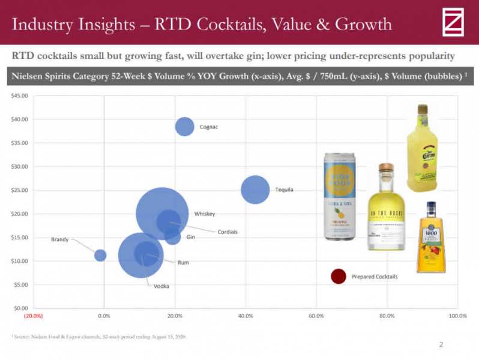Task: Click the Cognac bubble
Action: (x=185, y=127)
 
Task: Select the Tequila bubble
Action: (x=256, y=190)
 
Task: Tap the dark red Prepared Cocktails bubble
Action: (x=339, y=276)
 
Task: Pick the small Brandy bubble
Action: (x=100, y=255)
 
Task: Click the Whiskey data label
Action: (x=204, y=214)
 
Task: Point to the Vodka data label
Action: (x=161, y=286)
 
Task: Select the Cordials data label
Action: (x=227, y=232)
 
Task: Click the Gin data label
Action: (x=191, y=237)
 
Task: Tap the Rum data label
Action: (x=183, y=263)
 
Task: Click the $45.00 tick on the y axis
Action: (x=20, y=96)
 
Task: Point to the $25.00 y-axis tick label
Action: (x=20, y=190)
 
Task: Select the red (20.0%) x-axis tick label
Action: (x=33, y=316)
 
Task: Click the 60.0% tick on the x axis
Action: (x=316, y=316)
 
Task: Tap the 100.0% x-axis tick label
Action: (x=457, y=316)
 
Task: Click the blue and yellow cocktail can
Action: (x=339, y=197)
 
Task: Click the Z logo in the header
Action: (x=453, y=22)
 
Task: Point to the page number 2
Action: (x=441, y=344)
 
